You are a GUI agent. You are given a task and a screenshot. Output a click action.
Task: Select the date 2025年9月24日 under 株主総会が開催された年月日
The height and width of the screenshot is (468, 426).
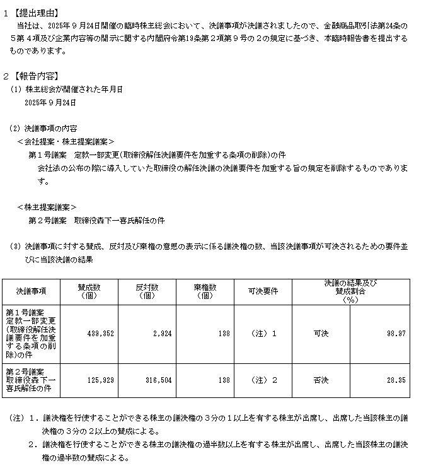tap(50, 102)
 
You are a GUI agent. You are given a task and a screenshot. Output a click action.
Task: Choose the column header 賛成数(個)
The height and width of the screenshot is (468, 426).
tap(89, 291)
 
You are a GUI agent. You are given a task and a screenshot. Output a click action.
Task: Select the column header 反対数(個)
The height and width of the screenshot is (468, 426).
tap(146, 291)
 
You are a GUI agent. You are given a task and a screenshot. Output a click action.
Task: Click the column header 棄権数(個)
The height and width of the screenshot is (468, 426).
tap(204, 291)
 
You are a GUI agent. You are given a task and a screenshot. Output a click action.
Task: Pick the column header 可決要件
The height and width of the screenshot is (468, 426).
tap(263, 291)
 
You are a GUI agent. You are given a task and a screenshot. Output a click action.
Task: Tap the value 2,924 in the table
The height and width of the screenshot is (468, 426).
tap(160, 333)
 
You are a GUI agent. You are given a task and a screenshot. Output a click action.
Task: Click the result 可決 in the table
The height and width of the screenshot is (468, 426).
tap(321, 333)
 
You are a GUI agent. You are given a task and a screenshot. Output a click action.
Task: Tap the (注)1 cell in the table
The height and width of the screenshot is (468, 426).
tap(263, 333)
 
